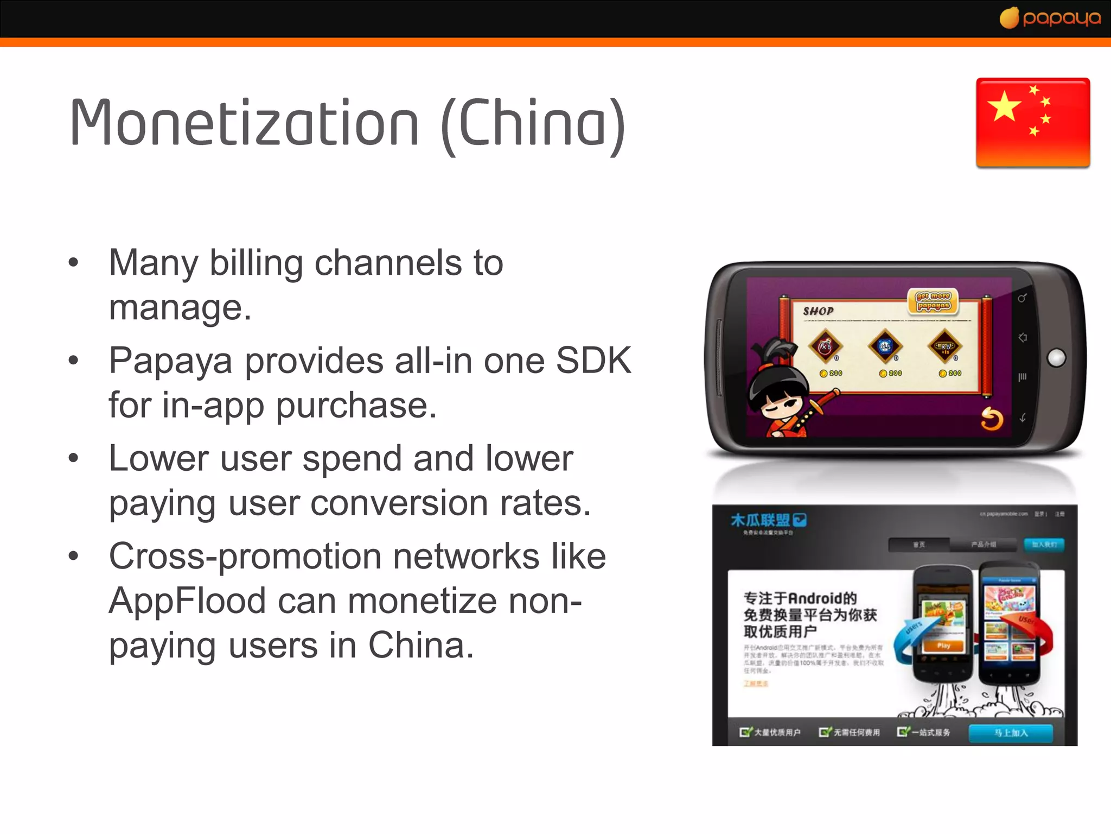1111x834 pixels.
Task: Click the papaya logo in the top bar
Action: (1050, 18)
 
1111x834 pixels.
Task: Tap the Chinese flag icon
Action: (1033, 123)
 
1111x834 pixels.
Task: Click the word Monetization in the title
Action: (244, 124)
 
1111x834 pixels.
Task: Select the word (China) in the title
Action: (534, 125)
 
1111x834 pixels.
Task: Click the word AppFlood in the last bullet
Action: (187, 601)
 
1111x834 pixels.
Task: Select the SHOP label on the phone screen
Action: (818, 311)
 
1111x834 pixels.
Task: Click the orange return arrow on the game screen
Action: (992, 419)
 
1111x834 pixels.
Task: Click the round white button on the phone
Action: (1056, 358)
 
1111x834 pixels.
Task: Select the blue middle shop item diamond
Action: (885, 346)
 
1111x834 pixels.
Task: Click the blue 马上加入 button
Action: (1011, 732)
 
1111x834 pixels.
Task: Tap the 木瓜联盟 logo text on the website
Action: (761, 520)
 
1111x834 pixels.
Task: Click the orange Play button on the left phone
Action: (943, 646)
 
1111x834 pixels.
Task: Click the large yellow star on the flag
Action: (1004, 106)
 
